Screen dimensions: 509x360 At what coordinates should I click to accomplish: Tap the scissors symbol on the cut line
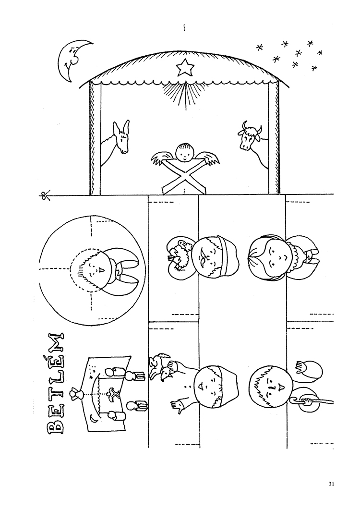pos(45,195)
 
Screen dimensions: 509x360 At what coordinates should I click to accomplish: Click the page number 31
pos(331,484)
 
